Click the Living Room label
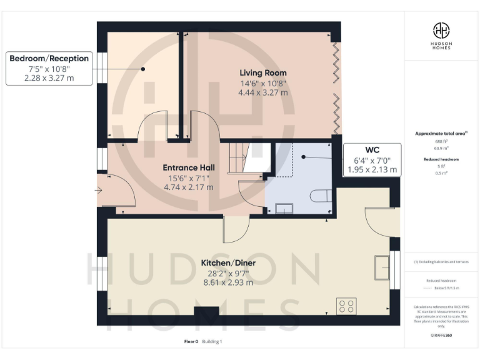click(263, 72)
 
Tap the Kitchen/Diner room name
click(228, 262)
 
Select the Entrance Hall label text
click(189, 167)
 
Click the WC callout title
click(372, 149)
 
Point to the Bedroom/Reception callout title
click(49, 58)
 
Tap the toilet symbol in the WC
click(320, 195)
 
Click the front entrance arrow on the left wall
click(100, 190)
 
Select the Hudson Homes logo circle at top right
click(441, 31)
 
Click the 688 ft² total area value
click(441, 142)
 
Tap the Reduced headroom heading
click(441, 159)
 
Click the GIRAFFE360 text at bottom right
click(441, 336)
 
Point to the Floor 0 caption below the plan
click(191, 342)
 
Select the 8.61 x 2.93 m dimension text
click(228, 282)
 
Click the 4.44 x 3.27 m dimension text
click(263, 92)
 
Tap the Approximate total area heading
click(441, 133)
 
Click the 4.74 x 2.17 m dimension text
click(189, 187)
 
